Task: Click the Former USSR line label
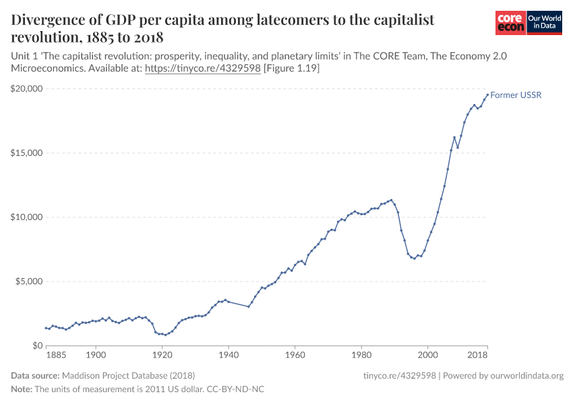pyautogui.click(x=516, y=95)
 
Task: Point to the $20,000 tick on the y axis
pyautogui.click(x=27, y=88)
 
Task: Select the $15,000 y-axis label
pyautogui.click(x=27, y=153)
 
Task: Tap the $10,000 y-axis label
pyautogui.click(x=27, y=217)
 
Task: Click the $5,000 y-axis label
pyautogui.click(x=29, y=281)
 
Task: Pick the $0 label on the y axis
pyautogui.click(x=36, y=346)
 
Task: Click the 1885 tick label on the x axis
pyautogui.click(x=56, y=354)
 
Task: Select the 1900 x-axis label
pyautogui.click(x=96, y=354)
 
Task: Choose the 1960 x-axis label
pyautogui.click(x=295, y=354)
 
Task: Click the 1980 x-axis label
pyautogui.click(x=361, y=354)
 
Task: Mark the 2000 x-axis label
pyautogui.click(x=427, y=354)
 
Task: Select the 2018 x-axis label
pyautogui.click(x=478, y=354)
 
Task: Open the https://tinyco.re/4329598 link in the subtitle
pyautogui.click(x=203, y=69)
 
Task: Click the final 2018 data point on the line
pyautogui.click(x=487, y=94)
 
